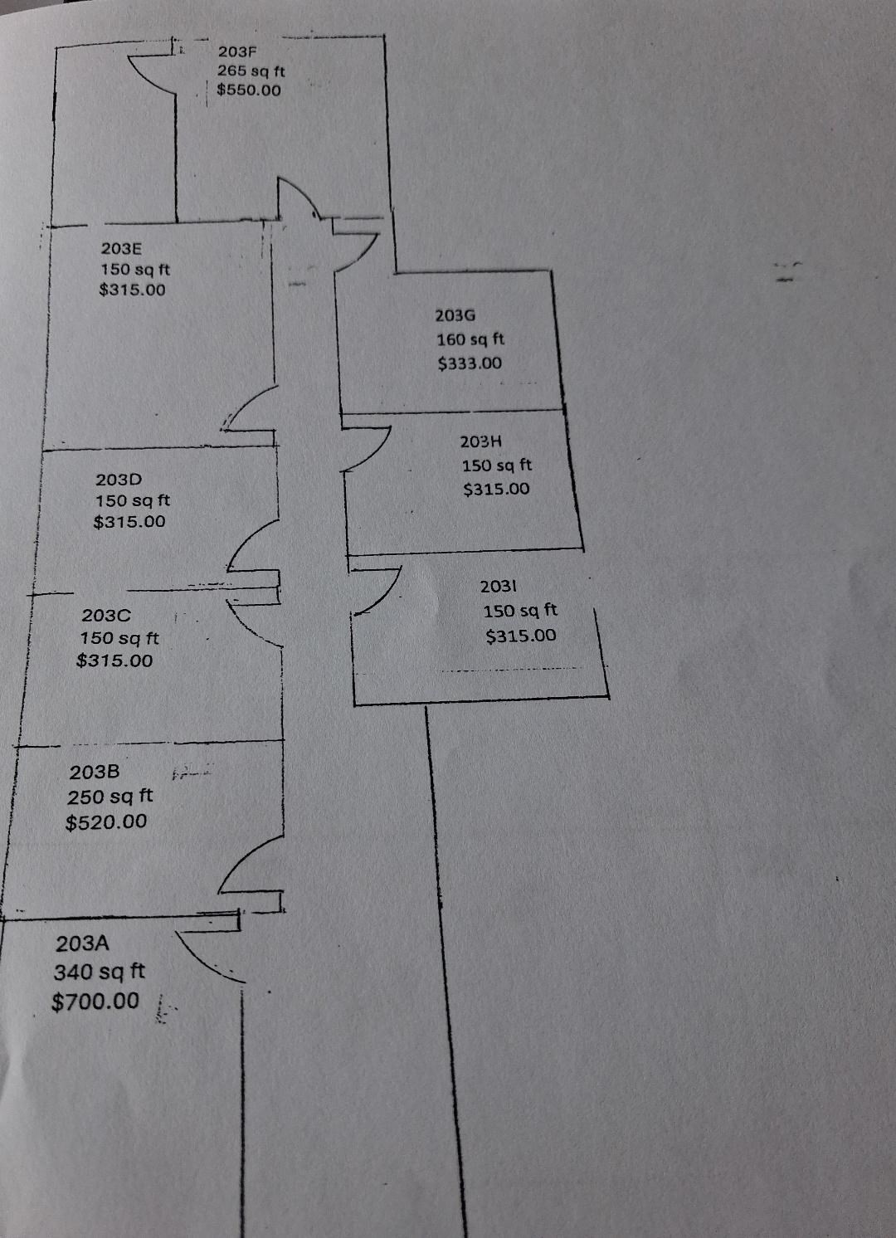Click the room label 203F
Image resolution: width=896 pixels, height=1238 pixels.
point(237,51)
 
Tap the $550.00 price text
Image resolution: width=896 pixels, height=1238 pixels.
point(249,90)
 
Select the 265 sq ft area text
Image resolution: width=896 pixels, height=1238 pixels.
point(251,71)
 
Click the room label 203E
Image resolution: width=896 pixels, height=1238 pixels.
point(121,248)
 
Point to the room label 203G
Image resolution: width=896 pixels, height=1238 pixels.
point(455,315)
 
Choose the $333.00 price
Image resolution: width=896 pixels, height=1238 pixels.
point(470,363)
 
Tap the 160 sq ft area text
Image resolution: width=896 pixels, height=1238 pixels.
point(470,339)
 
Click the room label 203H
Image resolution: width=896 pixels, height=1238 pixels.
point(481,441)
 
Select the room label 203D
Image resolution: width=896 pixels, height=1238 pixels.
point(119,479)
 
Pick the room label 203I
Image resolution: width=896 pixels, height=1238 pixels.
point(498,586)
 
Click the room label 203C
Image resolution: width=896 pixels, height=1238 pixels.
point(106,615)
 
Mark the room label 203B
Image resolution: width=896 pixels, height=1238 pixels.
point(94,773)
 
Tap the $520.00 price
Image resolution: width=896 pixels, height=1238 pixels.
point(106,821)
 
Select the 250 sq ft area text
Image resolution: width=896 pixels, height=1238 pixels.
point(110,797)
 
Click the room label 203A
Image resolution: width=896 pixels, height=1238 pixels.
point(82,943)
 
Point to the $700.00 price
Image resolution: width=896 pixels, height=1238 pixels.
point(95,1002)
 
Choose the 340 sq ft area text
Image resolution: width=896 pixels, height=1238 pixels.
point(99,972)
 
